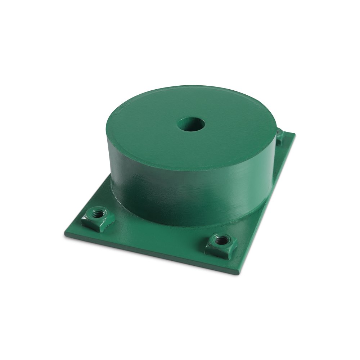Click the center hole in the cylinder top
point(191,125)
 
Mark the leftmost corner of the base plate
point(64,235)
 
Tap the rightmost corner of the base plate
point(295,134)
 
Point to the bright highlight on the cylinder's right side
point(248,180)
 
